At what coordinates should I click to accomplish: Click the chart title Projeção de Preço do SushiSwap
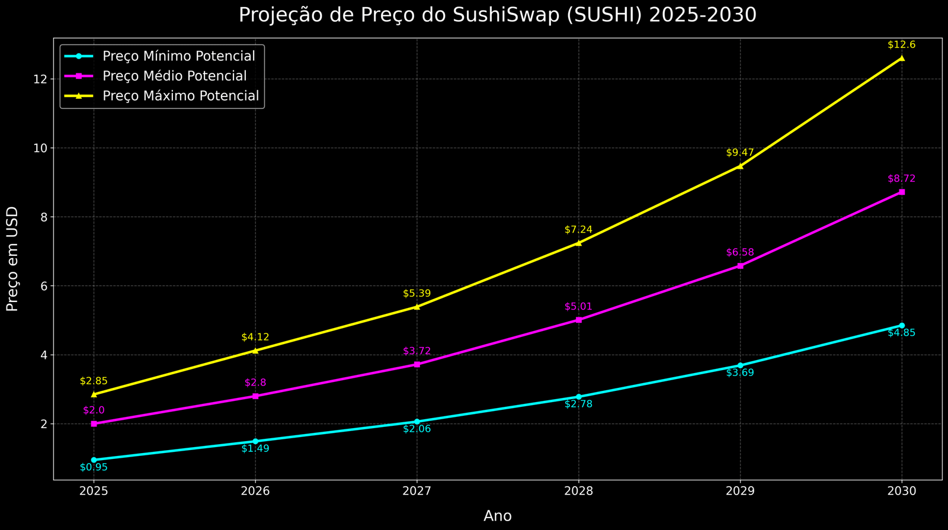[x=497, y=15]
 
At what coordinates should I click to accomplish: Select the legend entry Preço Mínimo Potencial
[x=178, y=56]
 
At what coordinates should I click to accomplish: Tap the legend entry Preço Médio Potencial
[x=174, y=76]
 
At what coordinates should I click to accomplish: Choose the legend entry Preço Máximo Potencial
[x=180, y=95]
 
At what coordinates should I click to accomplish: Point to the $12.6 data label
[x=901, y=45]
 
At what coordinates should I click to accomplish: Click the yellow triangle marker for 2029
[x=740, y=166]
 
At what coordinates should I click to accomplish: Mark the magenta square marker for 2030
[x=902, y=192]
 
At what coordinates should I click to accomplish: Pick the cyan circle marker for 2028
[x=578, y=397]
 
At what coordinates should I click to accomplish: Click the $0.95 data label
[x=94, y=467]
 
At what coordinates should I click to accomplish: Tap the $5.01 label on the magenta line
[x=578, y=307]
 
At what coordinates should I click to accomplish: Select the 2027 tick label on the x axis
[x=417, y=492]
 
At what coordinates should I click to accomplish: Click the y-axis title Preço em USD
[x=12, y=259]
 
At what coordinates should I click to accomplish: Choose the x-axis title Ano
[x=497, y=516]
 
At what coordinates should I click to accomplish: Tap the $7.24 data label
[x=578, y=230]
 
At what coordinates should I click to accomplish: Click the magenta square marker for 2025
[x=94, y=424]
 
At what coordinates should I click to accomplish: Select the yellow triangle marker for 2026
[x=255, y=351]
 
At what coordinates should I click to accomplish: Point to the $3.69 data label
[x=740, y=373]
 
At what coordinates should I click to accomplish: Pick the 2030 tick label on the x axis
[x=902, y=492]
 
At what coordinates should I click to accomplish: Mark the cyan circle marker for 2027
[x=417, y=422]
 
